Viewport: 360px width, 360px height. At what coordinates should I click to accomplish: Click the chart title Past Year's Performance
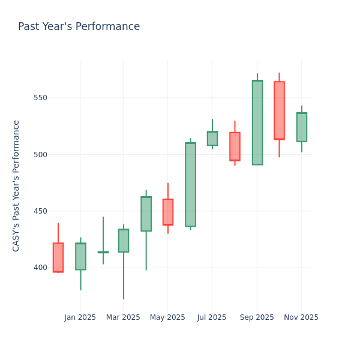pyautogui.click(x=79, y=27)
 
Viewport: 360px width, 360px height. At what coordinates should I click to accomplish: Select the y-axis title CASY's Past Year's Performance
pyautogui.click(x=16, y=185)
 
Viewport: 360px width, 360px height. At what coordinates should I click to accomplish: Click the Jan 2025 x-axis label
pyautogui.click(x=80, y=317)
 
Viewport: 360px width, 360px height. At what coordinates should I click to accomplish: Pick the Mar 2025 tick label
pyautogui.click(x=123, y=317)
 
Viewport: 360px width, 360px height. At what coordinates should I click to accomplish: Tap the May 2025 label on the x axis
pyautogui.click(x=167, y=317)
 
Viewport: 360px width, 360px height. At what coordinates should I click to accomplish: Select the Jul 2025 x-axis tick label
pyautogui.click(x=212, y=317)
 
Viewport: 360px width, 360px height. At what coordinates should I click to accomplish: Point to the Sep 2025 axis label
pyautogui.click(x=257, y=317)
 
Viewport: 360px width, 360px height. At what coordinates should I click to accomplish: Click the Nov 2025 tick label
pyautogui.click(x=301, y=317)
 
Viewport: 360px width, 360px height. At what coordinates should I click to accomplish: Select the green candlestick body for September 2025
pyautogui.click(x=257, y=122)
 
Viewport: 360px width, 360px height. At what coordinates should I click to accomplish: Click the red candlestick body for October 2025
pyautogui.click(x=279, y=110)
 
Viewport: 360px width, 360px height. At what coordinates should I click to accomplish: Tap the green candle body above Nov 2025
pyautogui.click(x=302, y=127)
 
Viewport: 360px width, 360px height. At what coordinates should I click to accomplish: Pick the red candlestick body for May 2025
pyautogui.click(x=168, y=212)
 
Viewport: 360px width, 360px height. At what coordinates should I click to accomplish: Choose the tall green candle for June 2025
pyautogui.click(x=190, y=184)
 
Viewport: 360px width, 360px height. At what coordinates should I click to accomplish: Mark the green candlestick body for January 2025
pyautogui.click(x=80, y=256)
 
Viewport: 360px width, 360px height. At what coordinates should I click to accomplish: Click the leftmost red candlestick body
pyautogui.click(x=58, y=257)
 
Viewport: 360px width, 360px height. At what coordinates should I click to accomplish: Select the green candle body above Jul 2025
pyautogui.click(x=212, y=139)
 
